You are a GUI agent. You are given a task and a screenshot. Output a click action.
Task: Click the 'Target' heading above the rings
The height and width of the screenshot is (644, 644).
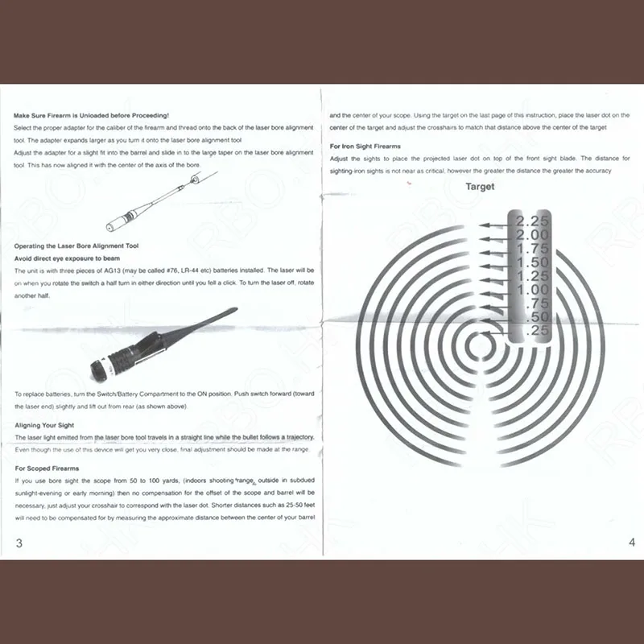pyautogui.click(x=480, y=187)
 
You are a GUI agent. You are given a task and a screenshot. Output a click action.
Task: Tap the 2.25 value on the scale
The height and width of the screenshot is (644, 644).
pyautogui.click(x=532, y=221)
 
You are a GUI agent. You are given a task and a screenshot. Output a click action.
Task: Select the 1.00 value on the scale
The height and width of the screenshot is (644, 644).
pyautogui.click(x=532, y=289)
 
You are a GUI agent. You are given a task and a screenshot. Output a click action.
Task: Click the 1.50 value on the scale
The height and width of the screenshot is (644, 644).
pyautogui.click(x=532, y=262)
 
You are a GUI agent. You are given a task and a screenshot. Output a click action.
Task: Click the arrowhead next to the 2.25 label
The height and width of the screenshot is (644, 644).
pyautogui.click(x=482, y=226)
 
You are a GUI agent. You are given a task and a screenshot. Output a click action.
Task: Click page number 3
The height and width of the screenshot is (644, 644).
pyautogui.click(x=19, y=543)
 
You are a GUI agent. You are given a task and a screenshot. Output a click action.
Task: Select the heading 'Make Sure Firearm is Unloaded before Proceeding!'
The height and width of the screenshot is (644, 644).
pyautogui.click(x=91, y=116)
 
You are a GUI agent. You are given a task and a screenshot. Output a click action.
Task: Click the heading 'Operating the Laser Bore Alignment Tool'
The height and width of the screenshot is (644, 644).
pyautogui.click(x=76, y=246)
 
